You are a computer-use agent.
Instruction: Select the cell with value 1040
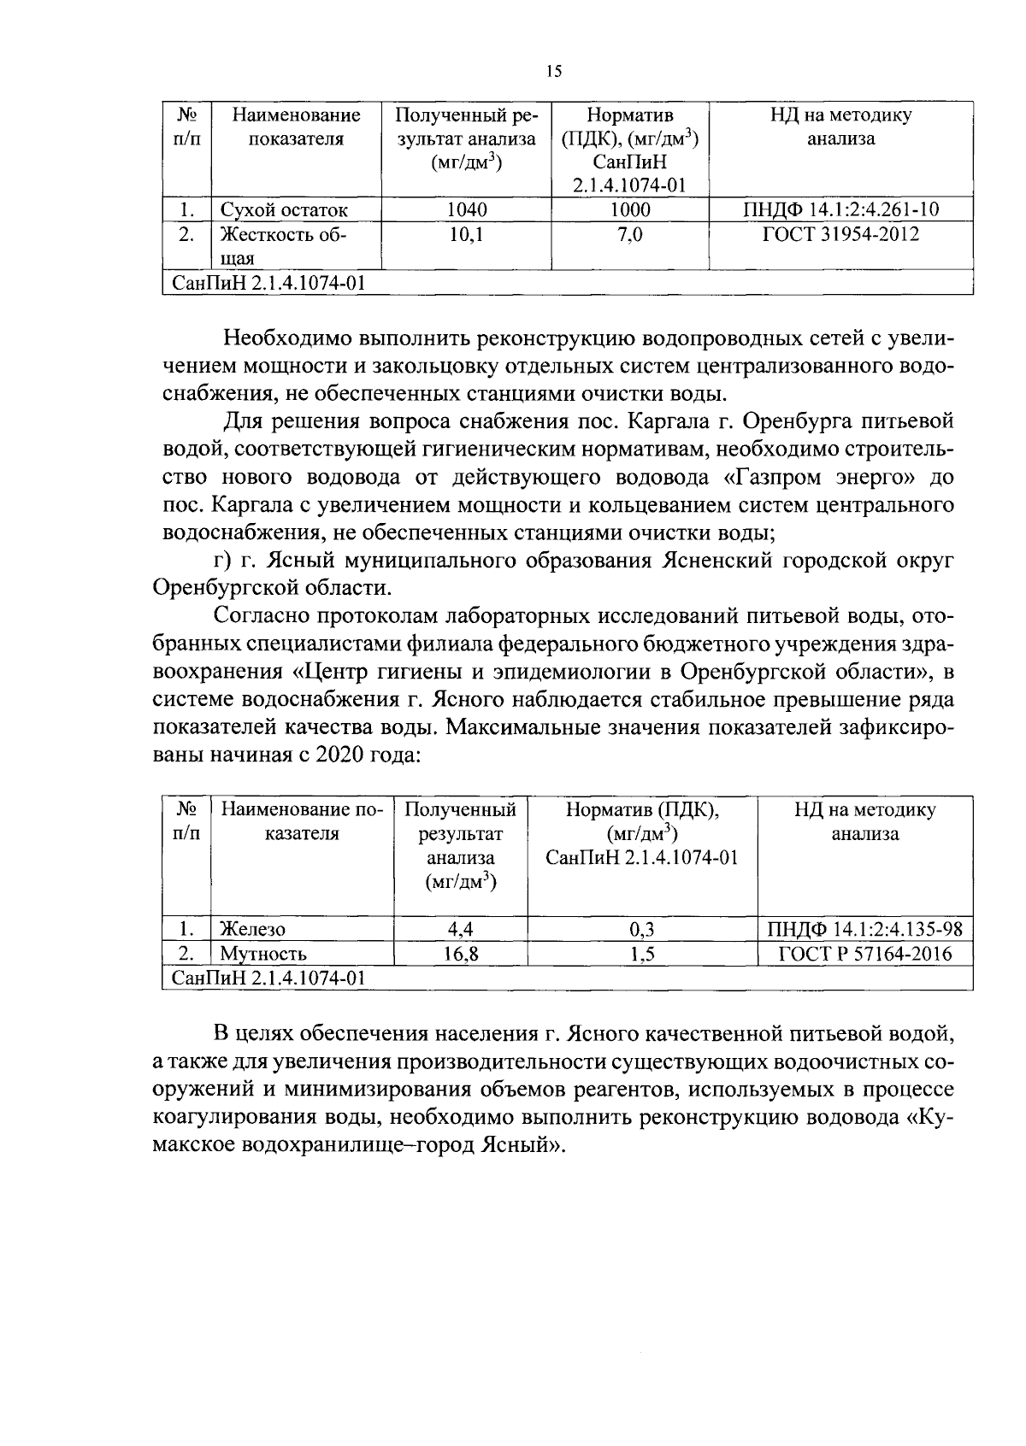click(466, 210)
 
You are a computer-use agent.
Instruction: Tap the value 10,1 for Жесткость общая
click(466, 234)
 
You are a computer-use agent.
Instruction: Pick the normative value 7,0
click(629, 234)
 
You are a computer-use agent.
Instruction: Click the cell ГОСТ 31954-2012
click(840, 234)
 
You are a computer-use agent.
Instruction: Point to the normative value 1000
click(629, 210)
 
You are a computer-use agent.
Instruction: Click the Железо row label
click(253, 930)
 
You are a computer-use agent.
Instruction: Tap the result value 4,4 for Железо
click(460, 930)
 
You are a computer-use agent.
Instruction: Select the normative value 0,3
click(642, 930)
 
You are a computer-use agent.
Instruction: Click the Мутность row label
click(262, 955)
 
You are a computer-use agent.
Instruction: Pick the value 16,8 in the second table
click(460, 955)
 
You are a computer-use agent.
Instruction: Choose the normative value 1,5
click(642, 955)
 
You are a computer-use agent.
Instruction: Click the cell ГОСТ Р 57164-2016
click(864, 955)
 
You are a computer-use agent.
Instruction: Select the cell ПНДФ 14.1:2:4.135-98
click(864, 930)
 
